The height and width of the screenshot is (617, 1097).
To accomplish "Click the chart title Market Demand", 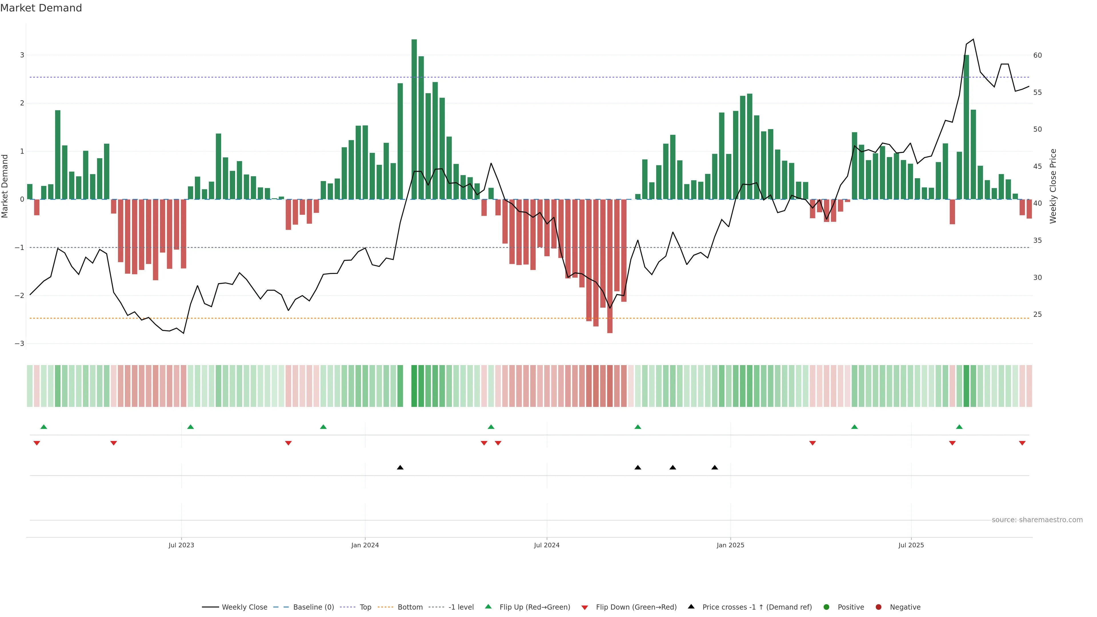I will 41,8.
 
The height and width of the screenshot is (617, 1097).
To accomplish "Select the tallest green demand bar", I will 414,119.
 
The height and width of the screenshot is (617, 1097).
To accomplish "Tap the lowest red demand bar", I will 610,266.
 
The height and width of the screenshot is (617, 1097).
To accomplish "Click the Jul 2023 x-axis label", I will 181,545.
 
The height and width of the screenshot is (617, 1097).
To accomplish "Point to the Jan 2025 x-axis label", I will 730,545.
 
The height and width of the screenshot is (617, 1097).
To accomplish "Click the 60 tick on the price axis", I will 1037,55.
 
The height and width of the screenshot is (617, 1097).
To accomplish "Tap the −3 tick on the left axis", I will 19,344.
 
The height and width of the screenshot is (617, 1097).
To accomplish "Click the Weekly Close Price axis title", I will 1053,186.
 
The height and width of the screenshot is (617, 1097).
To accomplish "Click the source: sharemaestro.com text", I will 1037,520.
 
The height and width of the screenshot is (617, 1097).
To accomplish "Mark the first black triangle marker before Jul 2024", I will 400,468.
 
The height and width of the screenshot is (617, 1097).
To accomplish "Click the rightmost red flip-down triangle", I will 1022,443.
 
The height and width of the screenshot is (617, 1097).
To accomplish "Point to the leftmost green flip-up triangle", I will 43,427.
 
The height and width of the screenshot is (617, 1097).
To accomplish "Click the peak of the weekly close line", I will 973,39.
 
